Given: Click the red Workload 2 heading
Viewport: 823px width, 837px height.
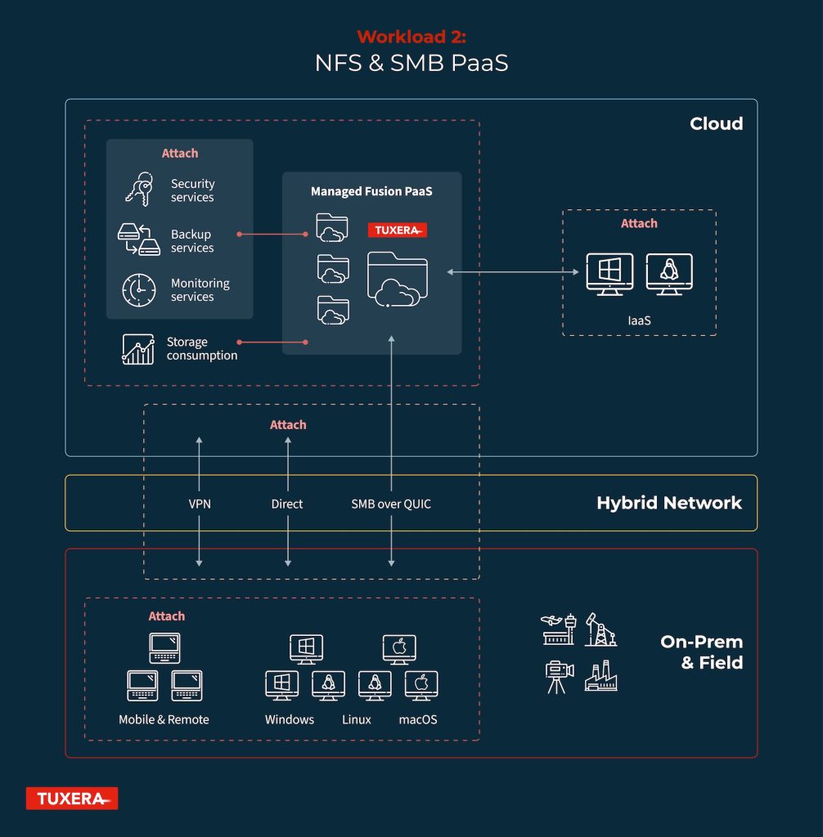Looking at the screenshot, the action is click(411, 36).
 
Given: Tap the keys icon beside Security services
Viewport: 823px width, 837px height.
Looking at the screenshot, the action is click(139, 189).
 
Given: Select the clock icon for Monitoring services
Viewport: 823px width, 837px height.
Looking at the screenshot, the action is click(139, 290).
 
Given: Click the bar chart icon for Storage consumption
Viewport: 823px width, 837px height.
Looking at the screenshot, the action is click(138, 349).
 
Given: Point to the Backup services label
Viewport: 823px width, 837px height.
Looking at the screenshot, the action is click(192, 241).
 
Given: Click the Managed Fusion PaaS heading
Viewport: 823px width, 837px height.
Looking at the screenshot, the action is click(371, 191).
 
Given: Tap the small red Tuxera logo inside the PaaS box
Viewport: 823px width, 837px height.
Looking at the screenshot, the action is click(397, 230).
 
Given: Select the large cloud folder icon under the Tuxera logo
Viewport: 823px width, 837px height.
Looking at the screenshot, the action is click(397, 280).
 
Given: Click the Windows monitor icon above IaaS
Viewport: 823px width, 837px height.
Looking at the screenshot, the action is click(609, 274).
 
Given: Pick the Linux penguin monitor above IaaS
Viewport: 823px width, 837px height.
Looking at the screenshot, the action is click(669, 274).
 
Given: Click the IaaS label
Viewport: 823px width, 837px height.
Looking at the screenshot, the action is click(639, 320).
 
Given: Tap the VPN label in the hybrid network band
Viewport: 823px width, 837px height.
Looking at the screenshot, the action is click(200, 504).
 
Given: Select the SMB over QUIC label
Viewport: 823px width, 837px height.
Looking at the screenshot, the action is click(391, 504).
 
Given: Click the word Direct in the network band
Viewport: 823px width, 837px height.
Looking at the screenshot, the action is click(287, 504).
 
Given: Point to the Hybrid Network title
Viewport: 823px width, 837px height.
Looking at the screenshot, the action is click(669, 503).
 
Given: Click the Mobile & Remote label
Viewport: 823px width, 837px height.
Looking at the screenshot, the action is click(164, 719).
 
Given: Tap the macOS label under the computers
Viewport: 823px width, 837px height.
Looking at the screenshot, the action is click(418, 719).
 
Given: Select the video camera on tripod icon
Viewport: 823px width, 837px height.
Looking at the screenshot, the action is click(559, 677).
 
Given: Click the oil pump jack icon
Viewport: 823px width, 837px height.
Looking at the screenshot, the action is click(600, 629).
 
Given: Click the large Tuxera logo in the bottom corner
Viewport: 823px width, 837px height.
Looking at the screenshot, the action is click(72, 799).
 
